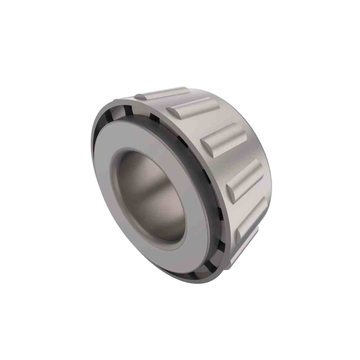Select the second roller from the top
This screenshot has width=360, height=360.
tap(195, 107)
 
